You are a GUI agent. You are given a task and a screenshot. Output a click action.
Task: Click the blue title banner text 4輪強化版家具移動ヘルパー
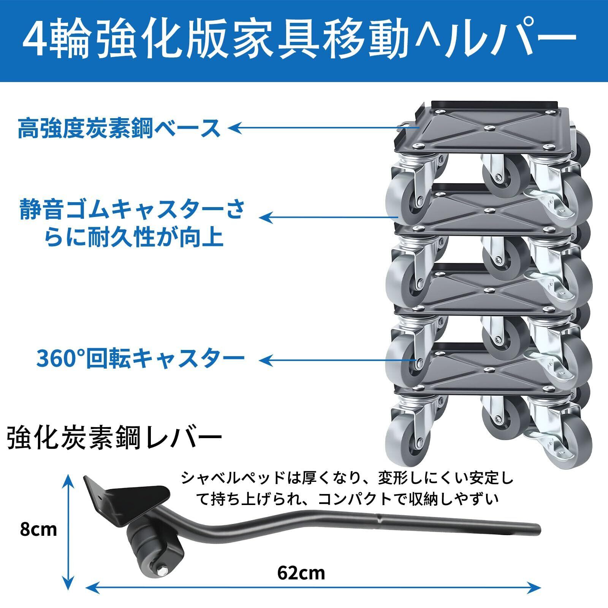coord(300,40)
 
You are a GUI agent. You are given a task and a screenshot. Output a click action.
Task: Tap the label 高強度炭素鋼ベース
coord(119,128)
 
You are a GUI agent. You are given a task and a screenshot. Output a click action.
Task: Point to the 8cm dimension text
coord(38,529)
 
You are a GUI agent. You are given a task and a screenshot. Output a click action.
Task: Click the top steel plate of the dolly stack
coord(490,127)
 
